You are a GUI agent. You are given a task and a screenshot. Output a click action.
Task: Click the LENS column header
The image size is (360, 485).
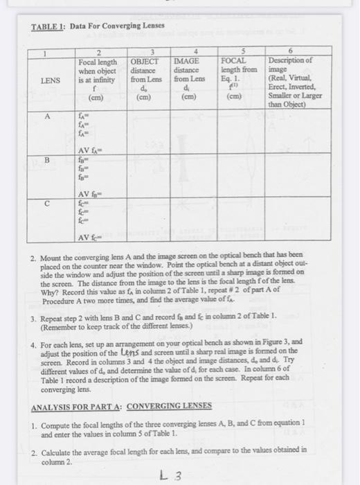point(51,80)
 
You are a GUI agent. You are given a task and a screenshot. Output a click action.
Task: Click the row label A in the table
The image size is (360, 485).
point(49,117)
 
